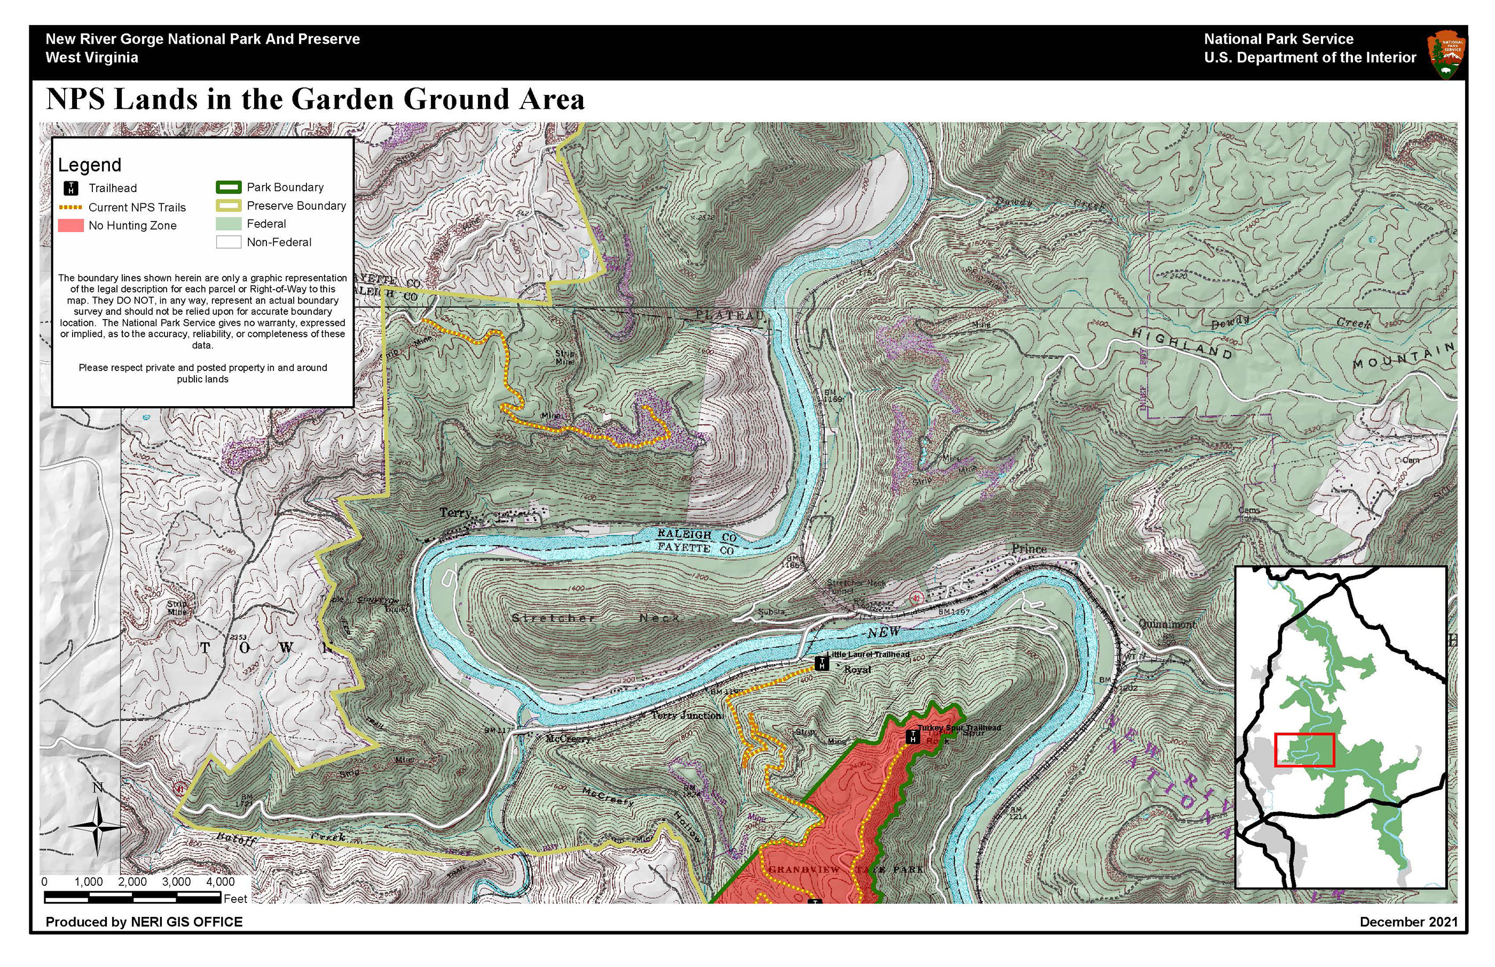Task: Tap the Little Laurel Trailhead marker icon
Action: (x=821, y=663)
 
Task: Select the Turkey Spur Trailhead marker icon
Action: (x=912, y=736)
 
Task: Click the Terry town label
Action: (x=455, y=513)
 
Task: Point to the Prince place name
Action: (x=1029, y=549)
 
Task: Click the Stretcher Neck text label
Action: (x=595, y=619)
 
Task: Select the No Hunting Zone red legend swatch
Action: (x=70, y=225)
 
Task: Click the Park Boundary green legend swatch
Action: (x=228, y=187)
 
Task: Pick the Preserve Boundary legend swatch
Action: (x=228, y=205)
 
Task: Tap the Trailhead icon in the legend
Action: (x=71, y=188)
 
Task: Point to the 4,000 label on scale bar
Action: (x=220, y=882)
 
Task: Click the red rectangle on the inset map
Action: (x=1304, y=750)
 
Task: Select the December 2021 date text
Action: (x=1409, y=922)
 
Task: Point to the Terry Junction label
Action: (x=686, y=715)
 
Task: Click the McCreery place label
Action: (x=568, y=739)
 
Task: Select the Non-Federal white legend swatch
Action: (x=228, y=242)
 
